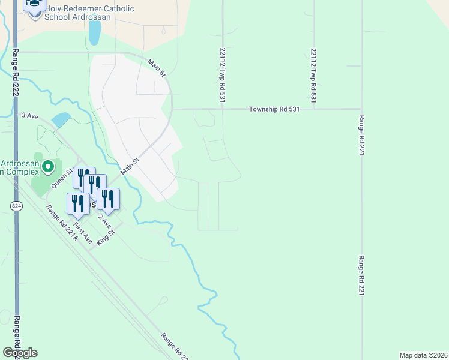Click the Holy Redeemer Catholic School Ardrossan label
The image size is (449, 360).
coord(89,13)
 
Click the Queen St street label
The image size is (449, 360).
coord(61,178)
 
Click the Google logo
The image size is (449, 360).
coord(20,353)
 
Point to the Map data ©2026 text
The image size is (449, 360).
coord(423,355)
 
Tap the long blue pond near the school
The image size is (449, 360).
coord(94,34)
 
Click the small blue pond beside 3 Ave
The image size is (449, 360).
coord(61,120)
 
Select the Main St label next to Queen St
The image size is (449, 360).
coord(130,166)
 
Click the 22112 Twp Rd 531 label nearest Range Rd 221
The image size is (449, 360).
coord(313,69)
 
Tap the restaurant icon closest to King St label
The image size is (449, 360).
coord(108,198)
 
